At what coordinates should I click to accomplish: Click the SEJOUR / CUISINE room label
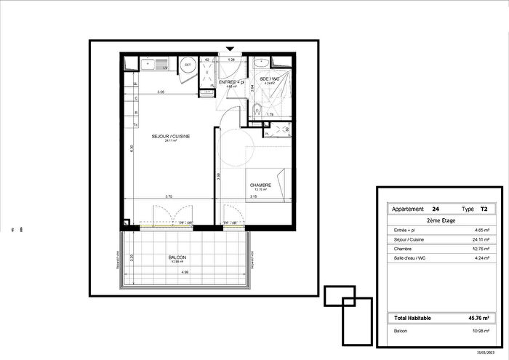[170, 136]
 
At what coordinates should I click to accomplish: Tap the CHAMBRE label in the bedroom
[260, 185]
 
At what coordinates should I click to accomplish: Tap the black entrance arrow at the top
[231, 49]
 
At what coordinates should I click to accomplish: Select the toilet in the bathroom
[257, 110]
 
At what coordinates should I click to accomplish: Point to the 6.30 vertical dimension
[131, 148]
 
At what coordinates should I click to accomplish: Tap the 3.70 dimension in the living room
[168, 196]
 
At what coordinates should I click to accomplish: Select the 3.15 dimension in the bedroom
[252, 196]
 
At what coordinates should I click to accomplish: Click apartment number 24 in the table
[435, 209]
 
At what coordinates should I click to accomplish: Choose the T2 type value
[483, 209]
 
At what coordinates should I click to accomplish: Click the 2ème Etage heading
[439, 219]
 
